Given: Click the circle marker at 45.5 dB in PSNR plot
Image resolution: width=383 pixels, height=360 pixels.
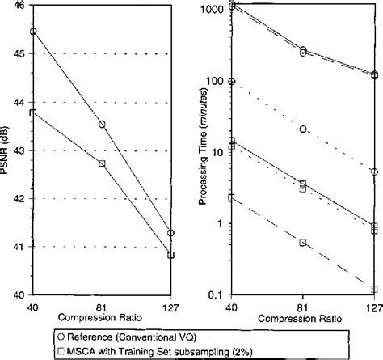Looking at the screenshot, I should pos(33,31).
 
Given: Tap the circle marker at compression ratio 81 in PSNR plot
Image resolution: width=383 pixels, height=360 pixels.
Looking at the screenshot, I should pos(102,124).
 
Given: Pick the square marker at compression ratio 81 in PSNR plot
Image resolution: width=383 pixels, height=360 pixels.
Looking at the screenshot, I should pos(102,163).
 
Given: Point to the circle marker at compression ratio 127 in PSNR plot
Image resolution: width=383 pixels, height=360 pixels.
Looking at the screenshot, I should pos(170,233).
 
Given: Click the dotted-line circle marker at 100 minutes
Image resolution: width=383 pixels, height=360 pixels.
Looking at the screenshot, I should pos(233,82).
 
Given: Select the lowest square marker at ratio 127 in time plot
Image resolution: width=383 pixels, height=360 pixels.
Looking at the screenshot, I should pos(374,289).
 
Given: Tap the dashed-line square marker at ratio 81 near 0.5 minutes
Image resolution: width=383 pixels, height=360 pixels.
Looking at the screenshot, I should pos(303,242).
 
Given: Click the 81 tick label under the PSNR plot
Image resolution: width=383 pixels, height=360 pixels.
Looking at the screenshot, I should pos(102,306).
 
